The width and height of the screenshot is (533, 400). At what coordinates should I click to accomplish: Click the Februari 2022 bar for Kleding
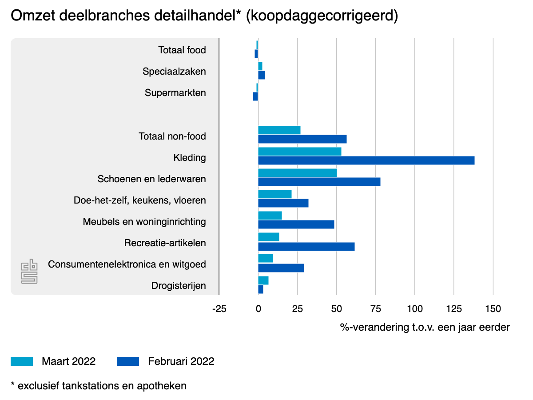[x=366, y=160]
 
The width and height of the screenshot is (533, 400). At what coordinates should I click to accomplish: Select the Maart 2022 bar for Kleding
[x=300, y=152]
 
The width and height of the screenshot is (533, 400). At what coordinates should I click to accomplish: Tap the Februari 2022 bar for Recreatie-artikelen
[x=306, y=247]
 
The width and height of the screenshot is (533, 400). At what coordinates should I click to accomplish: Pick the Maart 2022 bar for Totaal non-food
[x=279, y=130]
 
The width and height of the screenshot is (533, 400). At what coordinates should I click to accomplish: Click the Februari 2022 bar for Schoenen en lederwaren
[x=319, y=182]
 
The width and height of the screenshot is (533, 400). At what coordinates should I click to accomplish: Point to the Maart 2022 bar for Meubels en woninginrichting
[x=270, y=216]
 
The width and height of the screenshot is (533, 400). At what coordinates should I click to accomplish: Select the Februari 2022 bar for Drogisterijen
[x=261, y=289]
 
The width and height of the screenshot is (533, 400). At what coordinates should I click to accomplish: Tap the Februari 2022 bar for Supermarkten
[x=255, y=96]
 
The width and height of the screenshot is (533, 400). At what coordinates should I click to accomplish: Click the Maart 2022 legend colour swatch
[x=22, y=361]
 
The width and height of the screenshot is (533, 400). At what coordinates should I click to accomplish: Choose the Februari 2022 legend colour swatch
[x=128, y=361]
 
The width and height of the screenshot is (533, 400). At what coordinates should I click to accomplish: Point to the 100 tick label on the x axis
[x=414, y=309]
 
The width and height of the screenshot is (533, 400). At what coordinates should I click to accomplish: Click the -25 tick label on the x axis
[x=219, y=309]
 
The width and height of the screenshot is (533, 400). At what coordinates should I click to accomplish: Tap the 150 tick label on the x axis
[x=493, y=309]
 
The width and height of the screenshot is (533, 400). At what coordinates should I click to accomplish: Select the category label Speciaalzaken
[x=174, y=72]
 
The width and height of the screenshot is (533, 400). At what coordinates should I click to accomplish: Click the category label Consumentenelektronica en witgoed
[x=127, y=264]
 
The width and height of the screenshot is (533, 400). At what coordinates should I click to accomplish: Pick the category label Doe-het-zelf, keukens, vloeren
[x=140, y=200]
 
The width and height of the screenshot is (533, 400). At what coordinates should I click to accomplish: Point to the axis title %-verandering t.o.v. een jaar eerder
[x=425, y=328]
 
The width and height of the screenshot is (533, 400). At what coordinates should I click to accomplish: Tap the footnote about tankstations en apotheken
[x=99, y=385]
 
